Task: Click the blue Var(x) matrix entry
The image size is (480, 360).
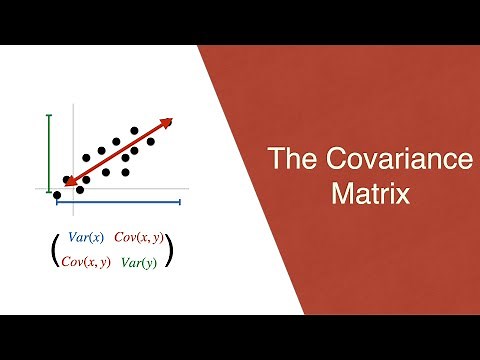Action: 85,238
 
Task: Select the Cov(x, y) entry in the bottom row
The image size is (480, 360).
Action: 86,263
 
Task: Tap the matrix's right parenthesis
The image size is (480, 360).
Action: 171,250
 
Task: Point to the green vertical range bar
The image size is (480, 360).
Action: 47,152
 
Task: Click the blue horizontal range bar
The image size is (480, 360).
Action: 118,202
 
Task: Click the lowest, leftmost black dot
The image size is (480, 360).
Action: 57,195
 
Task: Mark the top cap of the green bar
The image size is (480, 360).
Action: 47,116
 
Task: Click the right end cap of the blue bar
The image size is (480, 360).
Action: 179,202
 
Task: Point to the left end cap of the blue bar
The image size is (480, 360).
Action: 58,202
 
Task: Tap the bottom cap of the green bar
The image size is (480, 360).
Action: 47,188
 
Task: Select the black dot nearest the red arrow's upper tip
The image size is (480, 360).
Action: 151,141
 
